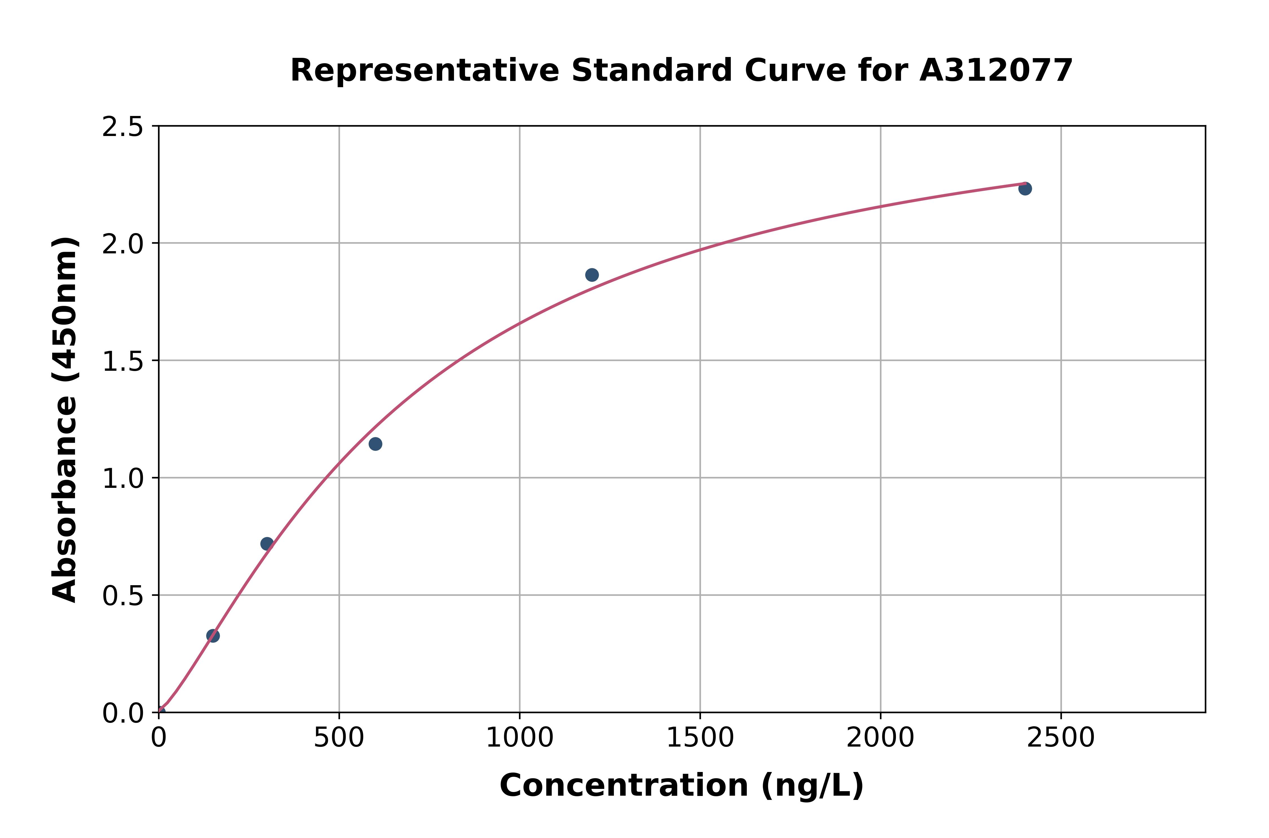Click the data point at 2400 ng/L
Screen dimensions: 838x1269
click(x=1025, y=189)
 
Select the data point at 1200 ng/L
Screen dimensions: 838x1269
click(x=592, y=275)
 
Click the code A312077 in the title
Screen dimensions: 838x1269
click(x=996, y=71)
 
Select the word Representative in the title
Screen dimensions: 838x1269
click(x=425, y=71)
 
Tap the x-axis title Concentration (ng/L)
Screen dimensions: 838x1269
click(x=682, y=786)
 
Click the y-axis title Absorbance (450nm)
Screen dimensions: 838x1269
click(x=65, y=420)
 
